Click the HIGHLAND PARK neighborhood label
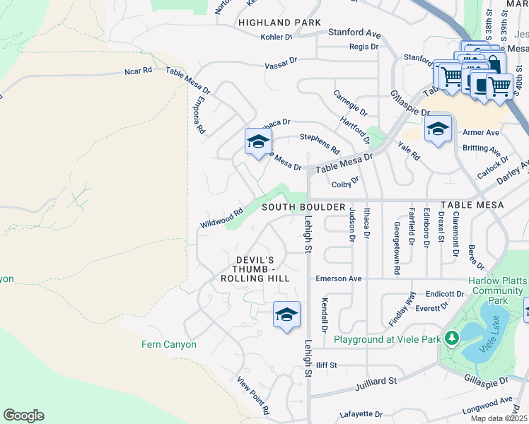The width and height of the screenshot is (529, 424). [279, 23]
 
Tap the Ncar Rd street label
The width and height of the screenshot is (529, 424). [138, 71]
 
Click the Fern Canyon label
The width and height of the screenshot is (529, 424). [168, 344]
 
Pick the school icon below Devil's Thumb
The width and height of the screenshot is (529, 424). [286, 314]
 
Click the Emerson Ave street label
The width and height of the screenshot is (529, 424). [339, 278]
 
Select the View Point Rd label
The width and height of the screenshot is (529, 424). [253, 396]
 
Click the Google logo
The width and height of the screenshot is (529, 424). [23, 416]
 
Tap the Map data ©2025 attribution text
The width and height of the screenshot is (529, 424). [499, 418]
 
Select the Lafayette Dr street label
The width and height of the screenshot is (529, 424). [361, 414]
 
